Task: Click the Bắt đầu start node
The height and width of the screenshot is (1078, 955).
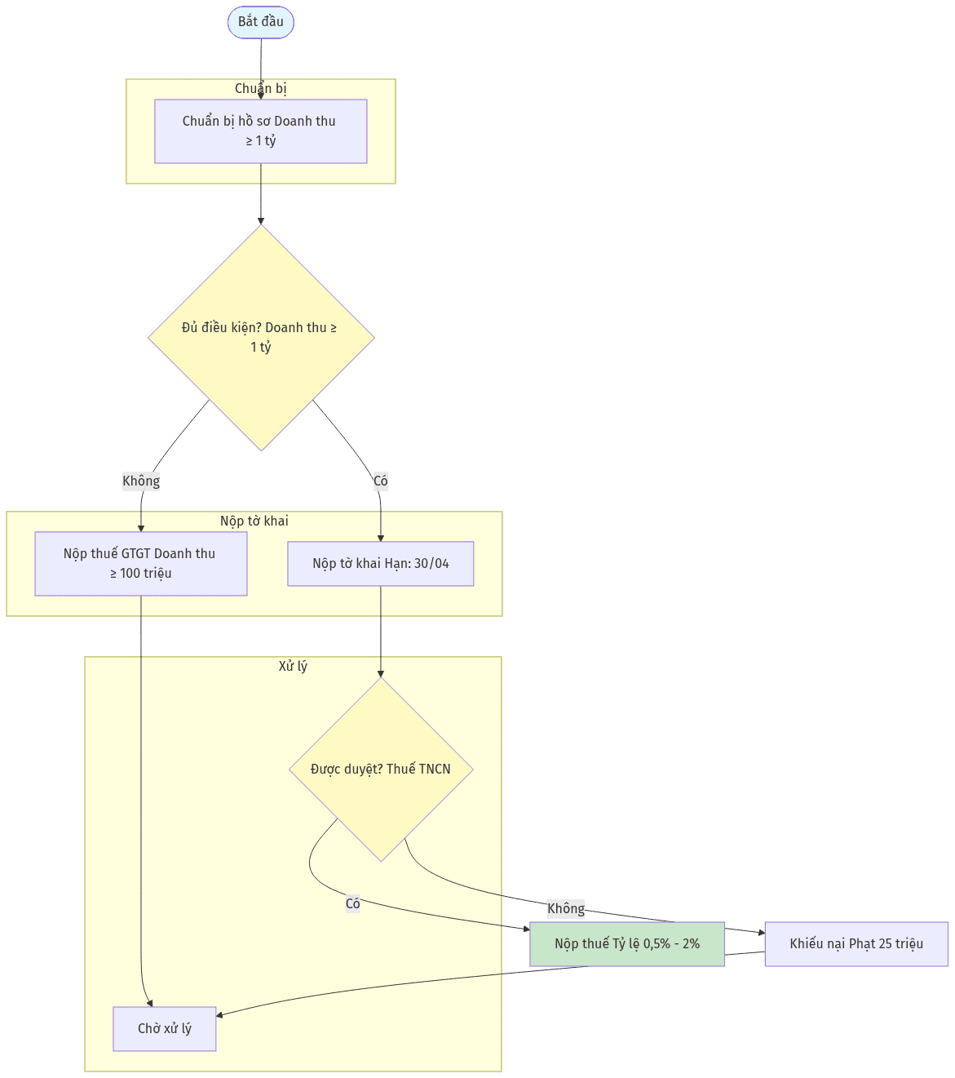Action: click(x=260, y=22)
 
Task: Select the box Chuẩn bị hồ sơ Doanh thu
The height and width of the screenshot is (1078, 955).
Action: click(x=260, y=131)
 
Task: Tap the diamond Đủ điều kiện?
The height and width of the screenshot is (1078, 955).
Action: click(x=261, y=337)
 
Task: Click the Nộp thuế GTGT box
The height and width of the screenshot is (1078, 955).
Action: click(x=141, y=563)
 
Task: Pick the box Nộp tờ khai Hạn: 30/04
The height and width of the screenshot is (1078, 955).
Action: click(x=381, y=563)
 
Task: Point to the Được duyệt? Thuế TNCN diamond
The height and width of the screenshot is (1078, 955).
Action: click(x=381, y=769)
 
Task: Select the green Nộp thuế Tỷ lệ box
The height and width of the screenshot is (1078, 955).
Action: click(x=627, y=944)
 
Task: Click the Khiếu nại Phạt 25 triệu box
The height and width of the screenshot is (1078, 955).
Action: click(x=856, y=944)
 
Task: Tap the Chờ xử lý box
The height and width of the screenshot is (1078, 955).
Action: click(x=164, y=1028)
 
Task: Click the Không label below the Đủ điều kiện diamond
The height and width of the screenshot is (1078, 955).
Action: click(x=141, y=481)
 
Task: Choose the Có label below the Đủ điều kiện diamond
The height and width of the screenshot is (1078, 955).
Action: click(x=381, y=481)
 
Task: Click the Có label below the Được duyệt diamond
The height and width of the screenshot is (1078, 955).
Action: click(x=353, y=903)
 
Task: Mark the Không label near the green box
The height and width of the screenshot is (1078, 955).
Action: click(x=566, y=908)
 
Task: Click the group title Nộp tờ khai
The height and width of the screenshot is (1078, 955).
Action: click(x=254, y=521)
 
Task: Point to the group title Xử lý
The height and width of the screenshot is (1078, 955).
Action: click(x=293, y=666)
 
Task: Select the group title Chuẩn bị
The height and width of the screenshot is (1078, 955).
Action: click(x=260, y=89)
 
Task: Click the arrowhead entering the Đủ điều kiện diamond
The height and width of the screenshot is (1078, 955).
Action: click(x=260, y=221)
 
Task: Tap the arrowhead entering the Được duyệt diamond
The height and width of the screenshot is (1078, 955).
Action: click(x=381, y=673)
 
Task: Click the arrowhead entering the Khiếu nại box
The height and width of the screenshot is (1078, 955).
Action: click(x=762, y=933)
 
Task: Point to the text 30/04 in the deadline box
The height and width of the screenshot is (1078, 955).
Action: click(x=431, y=563)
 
